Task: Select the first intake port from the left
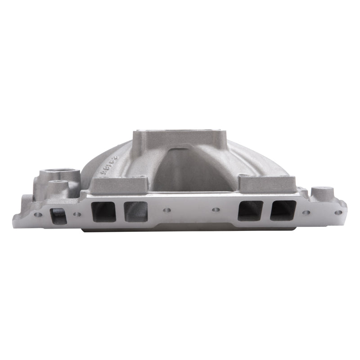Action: (x=103, y=211)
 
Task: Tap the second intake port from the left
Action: (x=135, y=211)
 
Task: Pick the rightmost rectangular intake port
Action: (x=283, y=210)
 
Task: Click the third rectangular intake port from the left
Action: (x=250, y=211)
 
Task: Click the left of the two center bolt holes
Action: (x=167, y=210)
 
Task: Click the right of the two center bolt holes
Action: (x=215, y=210)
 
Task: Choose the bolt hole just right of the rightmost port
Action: (x=306, y=212)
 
